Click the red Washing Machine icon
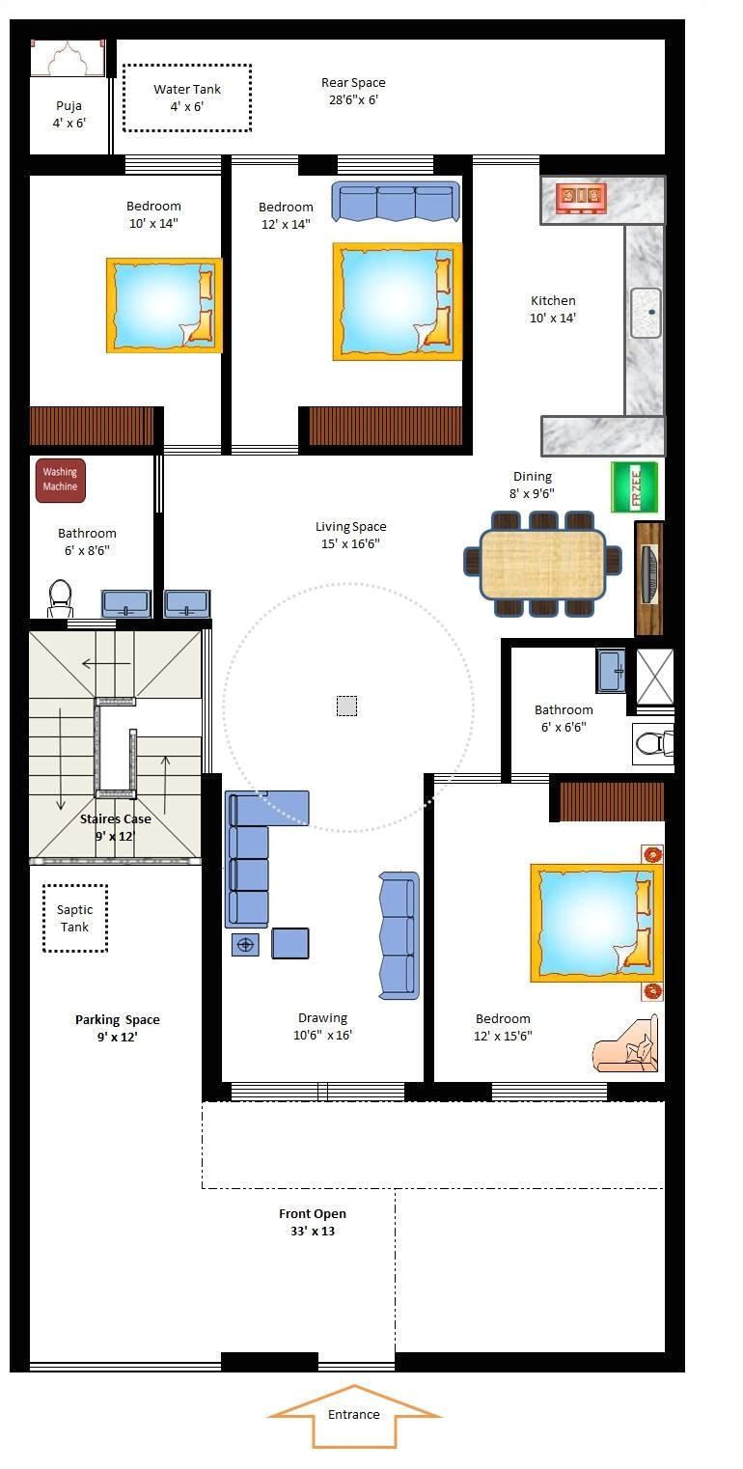pos(61,481)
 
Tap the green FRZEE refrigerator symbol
pos(634,487)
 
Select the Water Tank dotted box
pos(187,97)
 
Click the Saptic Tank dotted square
pos(75,918)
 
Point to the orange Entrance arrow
pos(354,1415)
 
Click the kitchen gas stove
pos(582,198)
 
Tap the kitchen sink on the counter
pos(646,312)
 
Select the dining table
pos(543,566)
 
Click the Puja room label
pos(69,114)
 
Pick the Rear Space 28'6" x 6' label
pos(353,91)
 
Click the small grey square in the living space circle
pos(346,706)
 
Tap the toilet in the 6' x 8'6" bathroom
pos(61,598)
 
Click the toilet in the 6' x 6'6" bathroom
pos(653,742)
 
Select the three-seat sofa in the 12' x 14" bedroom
pos(395,203)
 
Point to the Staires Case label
pos(115,827)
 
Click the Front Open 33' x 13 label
pos(313,1222)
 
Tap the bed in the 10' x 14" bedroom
pos(164,305)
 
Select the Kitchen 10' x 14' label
pos(553,309)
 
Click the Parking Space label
pos(118,1028)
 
